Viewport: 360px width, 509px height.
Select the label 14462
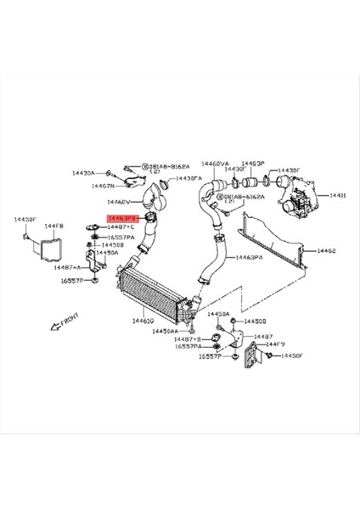click(x=327, y=251)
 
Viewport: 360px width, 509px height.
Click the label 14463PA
click(x=250, y=255)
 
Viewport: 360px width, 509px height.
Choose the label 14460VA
click(x=215, y=163)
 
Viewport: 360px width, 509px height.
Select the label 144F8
click(x=56, y=226)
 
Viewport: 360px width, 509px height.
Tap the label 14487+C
click(x=121, y=227)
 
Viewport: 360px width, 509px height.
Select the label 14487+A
click(x=70, y=266)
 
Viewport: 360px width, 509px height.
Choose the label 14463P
click(x=253, y=163)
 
